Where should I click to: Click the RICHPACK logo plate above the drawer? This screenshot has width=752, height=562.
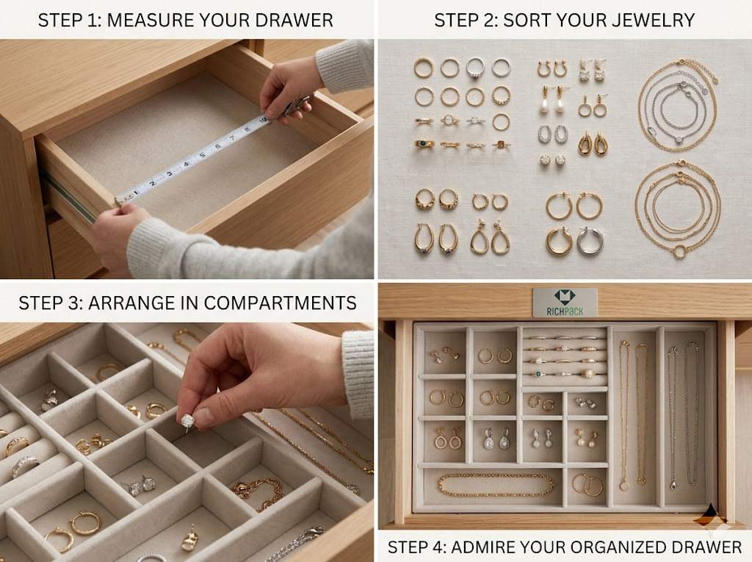[565, 302]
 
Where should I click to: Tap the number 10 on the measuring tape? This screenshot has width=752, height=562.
[262, 120]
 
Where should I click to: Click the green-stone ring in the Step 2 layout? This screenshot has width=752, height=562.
[424, 144]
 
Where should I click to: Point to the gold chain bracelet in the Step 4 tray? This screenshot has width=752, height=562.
[496, 485]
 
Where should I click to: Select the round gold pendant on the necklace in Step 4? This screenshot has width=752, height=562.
[623, 485]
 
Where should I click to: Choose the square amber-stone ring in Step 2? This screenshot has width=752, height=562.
[500, 145]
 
